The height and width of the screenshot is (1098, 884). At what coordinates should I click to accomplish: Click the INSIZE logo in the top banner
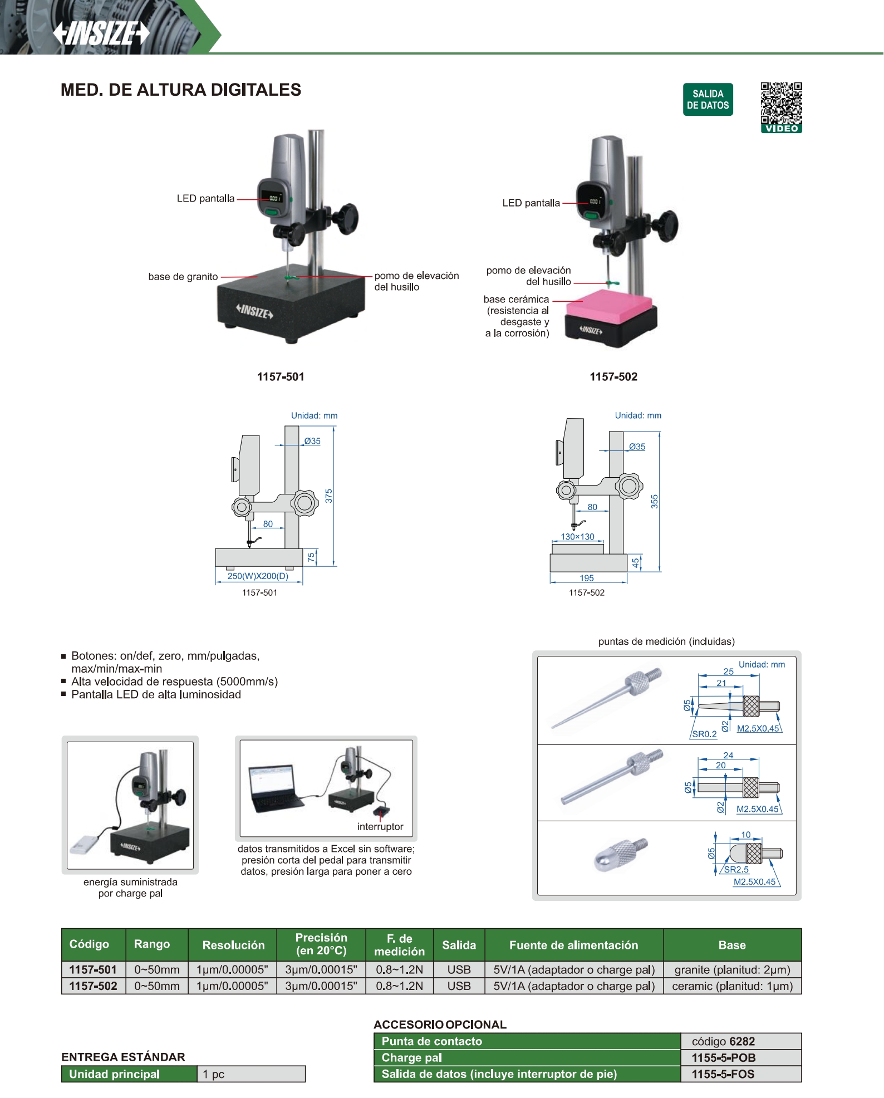[x=101, y=33]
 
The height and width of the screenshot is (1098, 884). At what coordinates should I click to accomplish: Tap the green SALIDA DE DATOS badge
[x=708, y=100]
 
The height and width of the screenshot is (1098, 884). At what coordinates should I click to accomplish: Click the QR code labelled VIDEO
[x=781, y=107]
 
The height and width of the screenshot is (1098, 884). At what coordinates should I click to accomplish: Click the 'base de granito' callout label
[x=183, y=277]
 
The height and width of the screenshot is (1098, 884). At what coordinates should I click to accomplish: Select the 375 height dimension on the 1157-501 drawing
[x=328, y=496]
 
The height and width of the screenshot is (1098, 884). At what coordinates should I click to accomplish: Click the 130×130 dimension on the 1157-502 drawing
[x=577, y=537]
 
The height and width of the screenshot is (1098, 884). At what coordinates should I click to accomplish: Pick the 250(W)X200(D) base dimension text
[x=258, y=576]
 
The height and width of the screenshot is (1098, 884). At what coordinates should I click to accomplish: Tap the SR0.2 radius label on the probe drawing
[x=704, y=734]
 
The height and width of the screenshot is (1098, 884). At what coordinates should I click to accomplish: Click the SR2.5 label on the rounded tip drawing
[x=736, y=869]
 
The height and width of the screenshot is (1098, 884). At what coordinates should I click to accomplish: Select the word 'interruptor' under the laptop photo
[x=380, y=827]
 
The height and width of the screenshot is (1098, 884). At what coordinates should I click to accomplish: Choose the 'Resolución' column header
[x=233, y=945]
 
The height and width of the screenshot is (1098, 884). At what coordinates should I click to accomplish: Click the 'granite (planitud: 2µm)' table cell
[x=732, y=969]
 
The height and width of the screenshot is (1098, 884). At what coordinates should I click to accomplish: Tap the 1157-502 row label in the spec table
[x=93, y=986]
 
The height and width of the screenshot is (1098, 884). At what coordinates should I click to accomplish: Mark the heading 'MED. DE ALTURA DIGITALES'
[x=181, y=90]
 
